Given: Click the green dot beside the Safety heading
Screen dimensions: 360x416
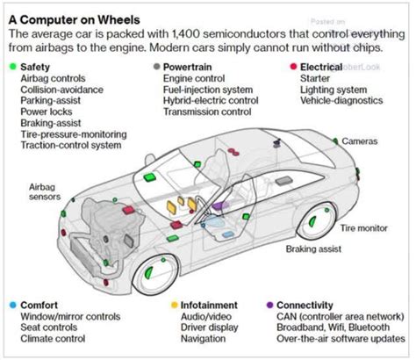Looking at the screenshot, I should pyautogui.click(x=11, y=66).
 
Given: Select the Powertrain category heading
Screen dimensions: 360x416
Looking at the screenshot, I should pyautogui.click(x=187, y=66).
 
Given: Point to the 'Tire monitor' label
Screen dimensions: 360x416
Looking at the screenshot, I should pyautogui.click(x=363, y=227).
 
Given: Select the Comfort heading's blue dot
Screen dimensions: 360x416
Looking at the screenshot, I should pyautogui.click(x=11, y=305).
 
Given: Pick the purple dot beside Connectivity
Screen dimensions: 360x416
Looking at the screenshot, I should pyautogui.click(x=269, y=305).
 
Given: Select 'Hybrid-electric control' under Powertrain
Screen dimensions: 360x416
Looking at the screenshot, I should pyautogui.click(x=211, y=100).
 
